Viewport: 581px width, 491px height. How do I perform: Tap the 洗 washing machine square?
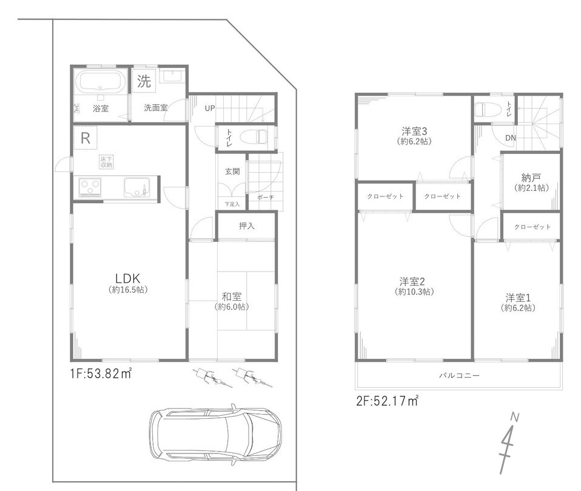(x=144, y=81)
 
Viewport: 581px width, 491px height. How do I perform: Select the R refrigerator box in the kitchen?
(x=86, y=138)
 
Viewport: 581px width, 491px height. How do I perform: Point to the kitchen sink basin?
(x=137, y=187)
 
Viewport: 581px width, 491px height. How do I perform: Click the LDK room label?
(x=127, y=278)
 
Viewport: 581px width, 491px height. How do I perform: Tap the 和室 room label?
(x=232, y=296)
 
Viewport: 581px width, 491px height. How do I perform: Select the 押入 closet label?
(x=247, y=226)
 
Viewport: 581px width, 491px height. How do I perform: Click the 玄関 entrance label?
(x=232, y=172)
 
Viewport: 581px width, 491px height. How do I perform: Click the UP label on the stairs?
(x=210, y=109)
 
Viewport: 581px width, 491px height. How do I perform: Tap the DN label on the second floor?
(x=511, y=138)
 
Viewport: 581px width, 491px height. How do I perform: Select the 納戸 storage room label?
(x=531, y=178)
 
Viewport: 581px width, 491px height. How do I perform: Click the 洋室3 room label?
(x=415, y=131)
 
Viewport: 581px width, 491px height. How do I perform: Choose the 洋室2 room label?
(x=412, y=281)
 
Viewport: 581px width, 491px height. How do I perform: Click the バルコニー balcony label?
(x=460, y=375)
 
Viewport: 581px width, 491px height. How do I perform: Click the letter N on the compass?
(x=515, y=417)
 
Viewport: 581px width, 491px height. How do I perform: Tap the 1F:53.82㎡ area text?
(x=101, y=373)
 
